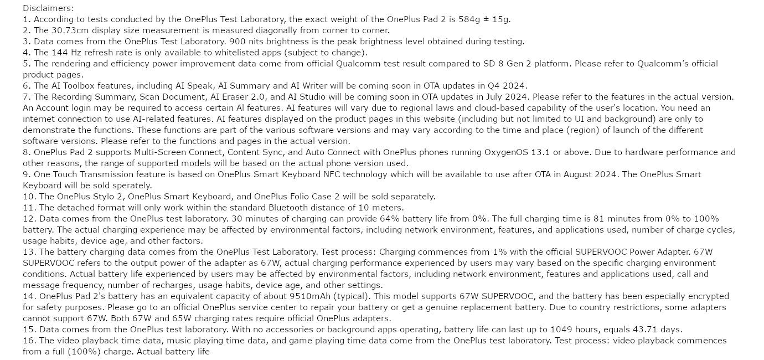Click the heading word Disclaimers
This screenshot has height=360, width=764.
tap(48, 8)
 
